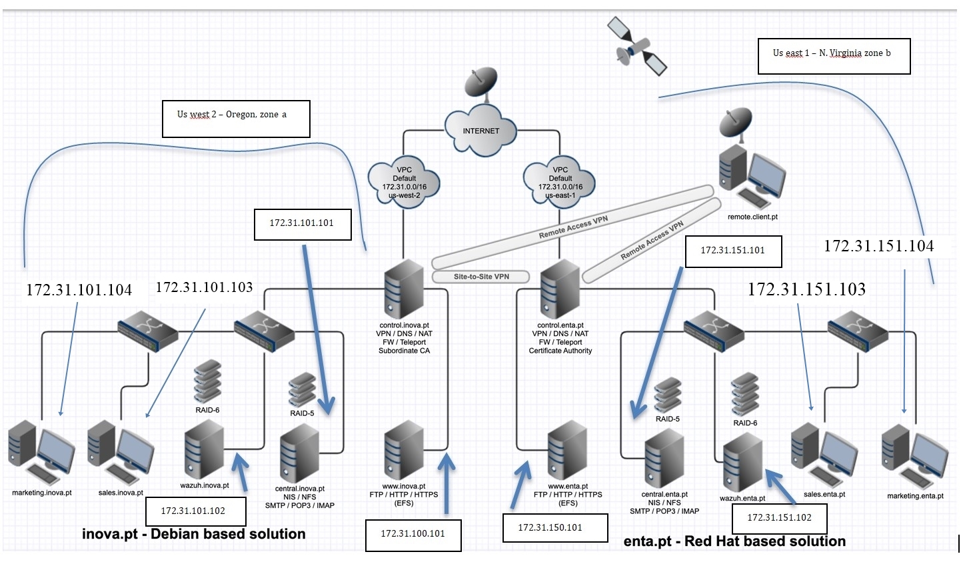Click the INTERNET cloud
(x=481, y=130)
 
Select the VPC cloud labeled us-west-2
(x=404, y=183)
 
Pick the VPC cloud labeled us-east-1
(x=560, y=183)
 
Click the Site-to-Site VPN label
(x=481, y=277)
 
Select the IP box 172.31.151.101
(x=732, y=251)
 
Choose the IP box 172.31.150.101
(x=554, y=528)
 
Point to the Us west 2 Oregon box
(x=235, y=118)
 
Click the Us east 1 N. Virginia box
(x=833, y=55)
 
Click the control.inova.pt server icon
(x=404, y=289)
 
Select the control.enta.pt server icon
(x=560, y=289)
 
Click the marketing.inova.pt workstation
(x=41, y=453)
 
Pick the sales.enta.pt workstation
(x=824, y=456)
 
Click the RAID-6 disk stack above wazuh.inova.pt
(x=207, y=381)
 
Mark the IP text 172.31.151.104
(x=878, y=246)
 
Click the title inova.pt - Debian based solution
(x=193, y=534)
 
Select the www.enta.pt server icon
(x=567, y=450)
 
